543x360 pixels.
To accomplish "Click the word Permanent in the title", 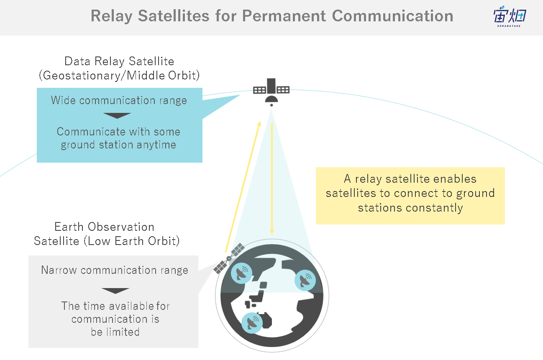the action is point(284,16).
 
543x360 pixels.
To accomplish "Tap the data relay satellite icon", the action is point(271,92).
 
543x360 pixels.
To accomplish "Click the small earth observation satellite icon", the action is point(229,258).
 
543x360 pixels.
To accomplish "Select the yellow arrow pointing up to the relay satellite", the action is point(243,186).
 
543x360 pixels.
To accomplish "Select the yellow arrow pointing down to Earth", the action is point(272,179).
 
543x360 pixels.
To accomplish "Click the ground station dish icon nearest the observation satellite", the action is point(241,273).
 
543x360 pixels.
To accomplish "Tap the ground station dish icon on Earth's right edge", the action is point(305,280).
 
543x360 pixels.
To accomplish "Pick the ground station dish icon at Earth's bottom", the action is point(252,323).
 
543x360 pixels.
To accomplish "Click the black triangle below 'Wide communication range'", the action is point(117,115).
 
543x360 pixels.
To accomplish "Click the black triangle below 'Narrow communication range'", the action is point(115,291).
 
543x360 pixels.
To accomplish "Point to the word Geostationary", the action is point(82,76).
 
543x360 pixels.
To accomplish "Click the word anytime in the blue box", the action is point(156,145).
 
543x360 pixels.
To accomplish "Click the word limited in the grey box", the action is point(123,332).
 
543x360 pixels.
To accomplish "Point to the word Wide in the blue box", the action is point(63,100).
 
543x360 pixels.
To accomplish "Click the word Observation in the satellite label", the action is point(121,227).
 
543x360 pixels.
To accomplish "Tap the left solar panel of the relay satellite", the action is point(259,90).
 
